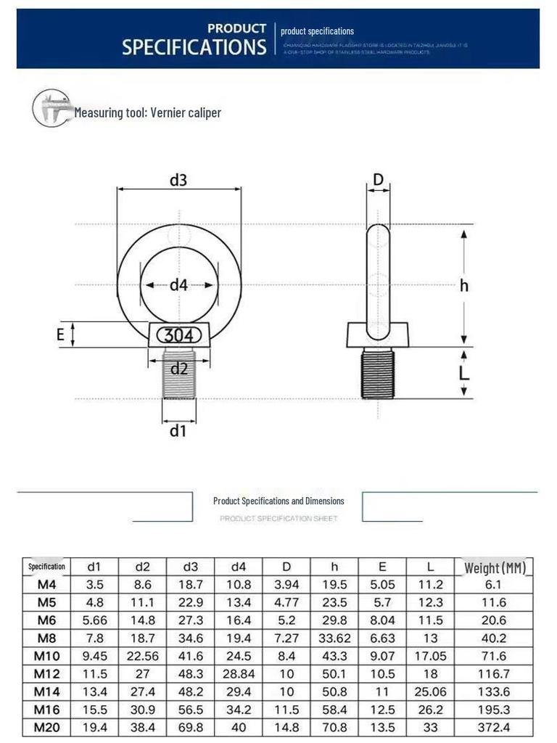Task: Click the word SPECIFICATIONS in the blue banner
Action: [194, 48]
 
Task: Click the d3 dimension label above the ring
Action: [178, 180]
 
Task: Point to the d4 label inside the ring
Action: [178, 285]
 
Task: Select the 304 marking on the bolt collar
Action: [178, 336]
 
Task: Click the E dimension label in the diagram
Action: [61, 334]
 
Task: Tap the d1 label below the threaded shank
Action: [178, 431]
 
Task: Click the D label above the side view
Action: [378, 179]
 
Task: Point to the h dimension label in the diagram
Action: [464, 285]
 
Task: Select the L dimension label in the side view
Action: [464, 372]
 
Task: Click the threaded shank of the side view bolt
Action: [376, 372]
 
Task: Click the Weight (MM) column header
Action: [495, 567]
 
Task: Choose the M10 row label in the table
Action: [46, 657]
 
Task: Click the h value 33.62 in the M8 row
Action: [334, 639]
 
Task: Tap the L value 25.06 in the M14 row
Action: [431, 691]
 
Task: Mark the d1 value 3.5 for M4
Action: [94, 585]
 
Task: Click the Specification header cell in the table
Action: [46, 567]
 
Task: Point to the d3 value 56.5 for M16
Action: [191, 709]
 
